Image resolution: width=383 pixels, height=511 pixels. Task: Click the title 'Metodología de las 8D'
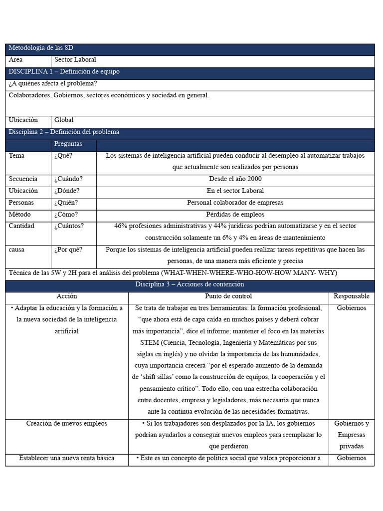click(x=41, y=48)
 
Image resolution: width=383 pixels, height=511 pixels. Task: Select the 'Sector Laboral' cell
click(x=75, y=59)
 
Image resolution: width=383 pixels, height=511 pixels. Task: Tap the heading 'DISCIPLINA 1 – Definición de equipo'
click(x=64, y=71)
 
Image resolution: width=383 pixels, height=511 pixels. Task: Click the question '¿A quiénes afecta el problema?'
click(x=53, y=83)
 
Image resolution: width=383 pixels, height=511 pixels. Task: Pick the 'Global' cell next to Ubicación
click(x=64, y=120)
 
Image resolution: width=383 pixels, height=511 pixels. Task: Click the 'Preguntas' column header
click(x=68, y=144)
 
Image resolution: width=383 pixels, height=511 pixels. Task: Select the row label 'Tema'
click(x=16, y=155)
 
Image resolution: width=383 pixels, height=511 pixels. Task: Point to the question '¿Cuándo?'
click(x=68, y=179)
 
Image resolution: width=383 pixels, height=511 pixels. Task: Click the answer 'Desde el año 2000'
click(x=235, y=179)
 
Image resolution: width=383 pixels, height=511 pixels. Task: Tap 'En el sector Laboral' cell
click(x=235, y=191)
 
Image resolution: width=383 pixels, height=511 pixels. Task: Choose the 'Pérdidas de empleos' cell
click(x=235, y=214)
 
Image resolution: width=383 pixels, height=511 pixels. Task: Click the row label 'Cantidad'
click(x=21, y=226)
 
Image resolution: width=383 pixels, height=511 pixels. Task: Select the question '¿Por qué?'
click(x=68, y=250)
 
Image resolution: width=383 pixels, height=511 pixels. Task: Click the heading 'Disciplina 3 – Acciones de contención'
click(x=190, y=284)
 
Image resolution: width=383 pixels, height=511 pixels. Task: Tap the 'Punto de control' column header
click(x=228, y=296)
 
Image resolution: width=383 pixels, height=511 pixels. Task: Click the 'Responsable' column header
click(x=351, y=296)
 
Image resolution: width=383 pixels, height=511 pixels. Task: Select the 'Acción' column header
click(x=67, y=296)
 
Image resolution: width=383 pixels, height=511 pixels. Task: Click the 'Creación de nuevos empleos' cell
click(x=67, y=423)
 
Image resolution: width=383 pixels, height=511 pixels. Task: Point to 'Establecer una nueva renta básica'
click(x=67, y=458)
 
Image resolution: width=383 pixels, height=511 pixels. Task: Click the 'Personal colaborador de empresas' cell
click(x=235, y=203)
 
